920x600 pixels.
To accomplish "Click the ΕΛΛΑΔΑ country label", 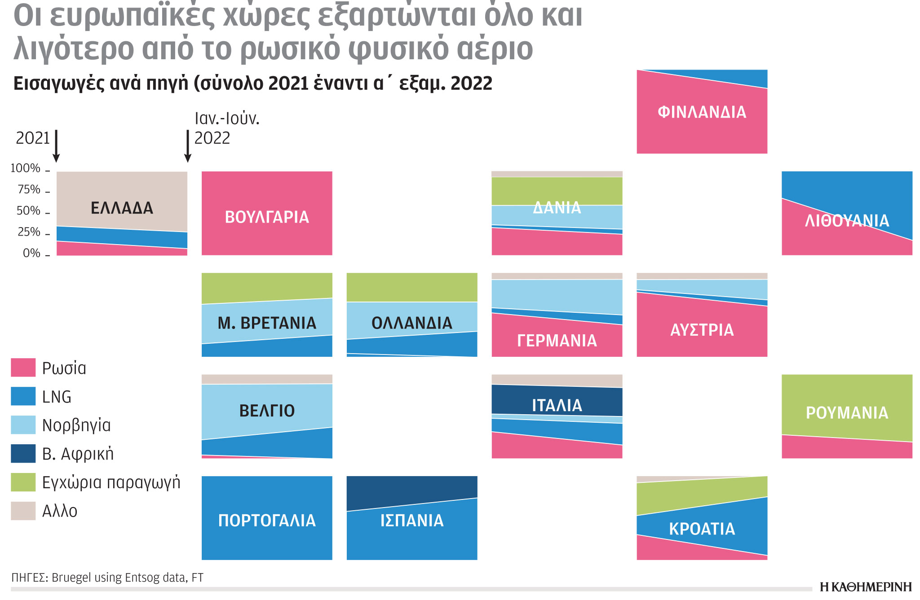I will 122,208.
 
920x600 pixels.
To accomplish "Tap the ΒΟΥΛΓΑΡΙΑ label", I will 267,217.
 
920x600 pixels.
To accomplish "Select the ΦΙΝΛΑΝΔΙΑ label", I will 702,112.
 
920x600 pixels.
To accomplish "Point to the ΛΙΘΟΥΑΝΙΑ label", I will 847,221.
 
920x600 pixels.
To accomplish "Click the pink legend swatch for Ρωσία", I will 23,368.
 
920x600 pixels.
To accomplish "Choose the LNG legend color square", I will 23,396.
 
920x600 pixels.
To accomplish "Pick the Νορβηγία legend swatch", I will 23,425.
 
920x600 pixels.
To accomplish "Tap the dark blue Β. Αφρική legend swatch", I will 23,454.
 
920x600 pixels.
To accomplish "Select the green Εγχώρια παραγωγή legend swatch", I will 23,482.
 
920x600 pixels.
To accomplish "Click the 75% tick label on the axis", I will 29,190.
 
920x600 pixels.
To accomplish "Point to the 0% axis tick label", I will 31,254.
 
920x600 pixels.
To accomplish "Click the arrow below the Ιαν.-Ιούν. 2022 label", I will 188,146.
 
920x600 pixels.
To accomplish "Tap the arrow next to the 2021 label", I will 56,146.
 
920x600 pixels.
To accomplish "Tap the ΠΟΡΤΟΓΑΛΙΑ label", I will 267,521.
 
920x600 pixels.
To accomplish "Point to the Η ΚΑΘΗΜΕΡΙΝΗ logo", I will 866,587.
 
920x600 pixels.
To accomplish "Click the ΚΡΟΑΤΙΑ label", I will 702,529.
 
